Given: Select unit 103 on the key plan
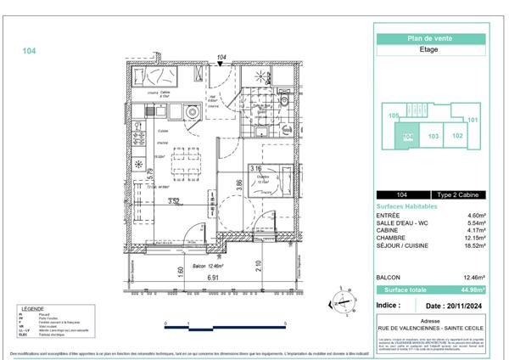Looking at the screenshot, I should tap(433, 135).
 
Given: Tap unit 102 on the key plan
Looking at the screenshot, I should tap(457, 135).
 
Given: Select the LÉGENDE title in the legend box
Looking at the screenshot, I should tap(34, 309).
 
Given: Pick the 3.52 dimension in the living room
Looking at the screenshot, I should tap(173, 201).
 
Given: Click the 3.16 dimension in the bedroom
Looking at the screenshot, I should tap(255, 169).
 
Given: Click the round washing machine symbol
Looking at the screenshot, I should tap(192, 110).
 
